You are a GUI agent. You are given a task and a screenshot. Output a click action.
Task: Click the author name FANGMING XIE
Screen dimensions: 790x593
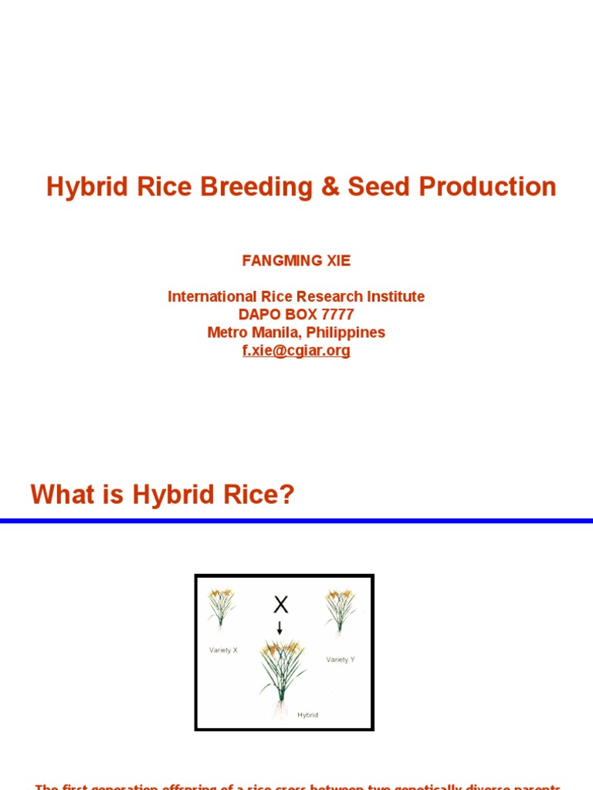[x=296, y=261]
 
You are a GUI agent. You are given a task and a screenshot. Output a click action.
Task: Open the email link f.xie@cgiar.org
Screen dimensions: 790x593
[x=296, y=351]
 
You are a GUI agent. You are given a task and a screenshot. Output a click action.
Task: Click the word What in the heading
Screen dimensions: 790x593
[x=63, y=495]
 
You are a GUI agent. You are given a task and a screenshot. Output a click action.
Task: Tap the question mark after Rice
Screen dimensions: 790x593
[x=288, y=495]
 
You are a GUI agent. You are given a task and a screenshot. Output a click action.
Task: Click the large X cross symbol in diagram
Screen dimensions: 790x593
[x=280, y=605]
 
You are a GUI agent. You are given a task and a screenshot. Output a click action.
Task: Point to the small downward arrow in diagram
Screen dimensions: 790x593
[x=280, y=627]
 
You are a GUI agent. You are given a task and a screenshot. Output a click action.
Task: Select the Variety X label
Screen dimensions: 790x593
[x=223, y=650]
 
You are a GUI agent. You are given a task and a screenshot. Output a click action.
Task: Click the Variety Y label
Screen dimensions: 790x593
[x=340, y=660]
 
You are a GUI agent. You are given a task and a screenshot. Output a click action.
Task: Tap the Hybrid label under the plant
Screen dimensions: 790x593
[x=307, y=715]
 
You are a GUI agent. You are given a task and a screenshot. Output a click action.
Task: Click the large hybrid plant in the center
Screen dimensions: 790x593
[x=282, y=671]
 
